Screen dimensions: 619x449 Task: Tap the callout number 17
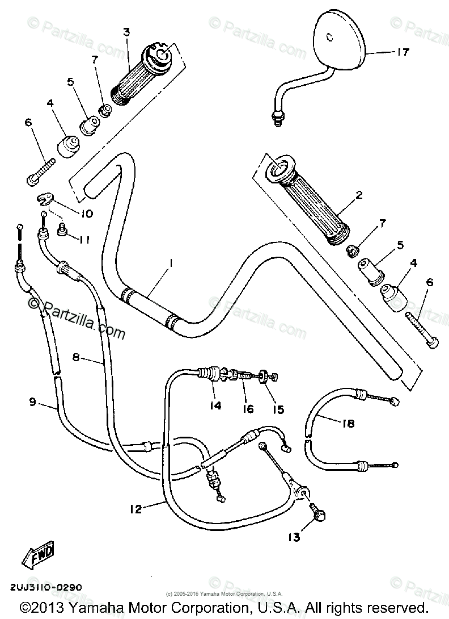(x=403, y=52)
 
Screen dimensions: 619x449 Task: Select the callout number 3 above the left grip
(x=126, y=32)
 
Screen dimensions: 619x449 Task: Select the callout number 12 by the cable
(x=135, y=509)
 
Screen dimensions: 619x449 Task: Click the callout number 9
(x=33, y=402)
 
